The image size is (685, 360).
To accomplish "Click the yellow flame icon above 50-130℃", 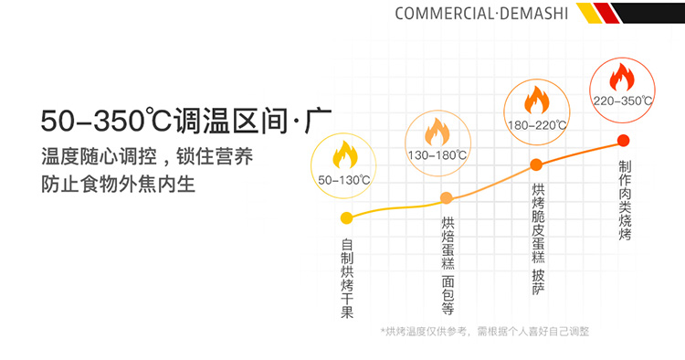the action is (344, 154).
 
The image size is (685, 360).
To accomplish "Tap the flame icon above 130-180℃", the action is (437, 132).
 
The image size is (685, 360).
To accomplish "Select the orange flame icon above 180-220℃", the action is (536, 100).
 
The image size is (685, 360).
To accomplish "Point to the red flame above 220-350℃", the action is (622, 77).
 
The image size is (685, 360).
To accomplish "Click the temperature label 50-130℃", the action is (344, 180).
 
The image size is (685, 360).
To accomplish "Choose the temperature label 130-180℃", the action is (437, 155).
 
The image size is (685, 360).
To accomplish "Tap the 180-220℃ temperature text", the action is (537, 125).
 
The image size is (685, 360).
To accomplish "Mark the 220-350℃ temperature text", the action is (623, 101).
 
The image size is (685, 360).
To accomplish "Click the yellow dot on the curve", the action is (346, 218).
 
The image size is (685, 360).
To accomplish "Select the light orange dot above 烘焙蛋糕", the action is (446, 198).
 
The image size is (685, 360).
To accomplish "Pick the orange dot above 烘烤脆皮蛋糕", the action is (536, 164).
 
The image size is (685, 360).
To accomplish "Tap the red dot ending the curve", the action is (624, 140).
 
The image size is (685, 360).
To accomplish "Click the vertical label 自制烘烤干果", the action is (347, 279).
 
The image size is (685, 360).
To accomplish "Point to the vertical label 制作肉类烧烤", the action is (625, 200).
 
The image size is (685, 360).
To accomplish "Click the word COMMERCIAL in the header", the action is (444, 14).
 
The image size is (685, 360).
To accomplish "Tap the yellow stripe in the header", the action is (589, 13).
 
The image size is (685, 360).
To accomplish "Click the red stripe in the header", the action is (606, 13).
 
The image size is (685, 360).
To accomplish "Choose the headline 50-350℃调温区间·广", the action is (186, 120).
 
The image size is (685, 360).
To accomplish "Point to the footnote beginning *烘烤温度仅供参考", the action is (485, 332).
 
